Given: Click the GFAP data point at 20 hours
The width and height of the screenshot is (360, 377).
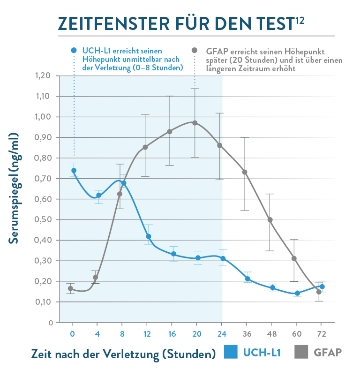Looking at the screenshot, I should coord(195,123).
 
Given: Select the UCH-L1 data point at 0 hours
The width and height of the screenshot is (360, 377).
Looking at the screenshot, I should coord(74,171).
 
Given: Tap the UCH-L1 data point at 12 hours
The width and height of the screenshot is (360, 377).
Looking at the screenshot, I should coord(149,236).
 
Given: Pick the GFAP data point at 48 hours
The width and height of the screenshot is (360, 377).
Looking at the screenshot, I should coord(270,219).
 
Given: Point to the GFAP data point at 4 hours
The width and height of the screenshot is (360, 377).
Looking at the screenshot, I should coord(96,277).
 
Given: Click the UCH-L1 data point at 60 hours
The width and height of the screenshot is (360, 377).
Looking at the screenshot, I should coord(297,293).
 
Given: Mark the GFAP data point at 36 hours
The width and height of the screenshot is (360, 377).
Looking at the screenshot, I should coord(245,172).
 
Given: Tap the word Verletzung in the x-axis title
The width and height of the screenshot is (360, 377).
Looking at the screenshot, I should coord(127,353).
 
